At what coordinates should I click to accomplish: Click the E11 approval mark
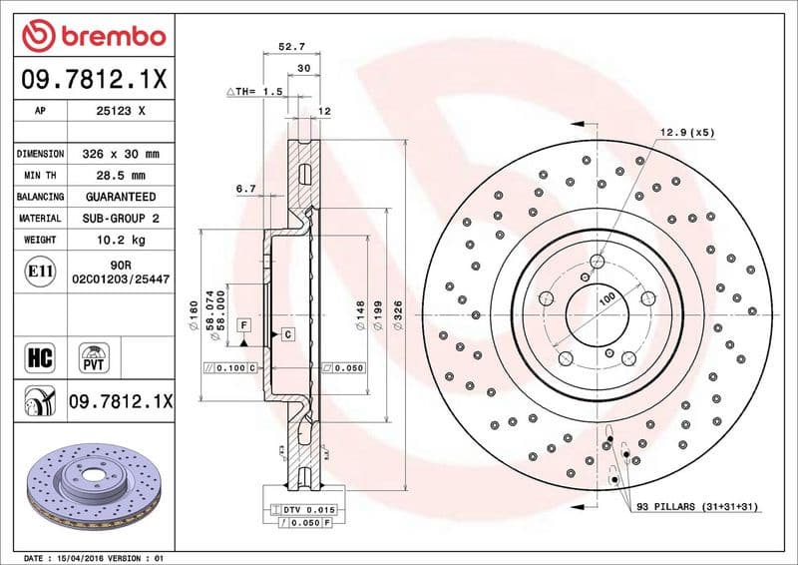click(x=38, y=271)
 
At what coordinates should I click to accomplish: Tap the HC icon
click(x=38, y=356)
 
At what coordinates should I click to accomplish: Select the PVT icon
click(x=96, y=356)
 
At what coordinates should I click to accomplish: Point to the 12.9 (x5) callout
click(x=686, y=132)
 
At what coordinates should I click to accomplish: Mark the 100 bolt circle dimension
click(x=605, y=298)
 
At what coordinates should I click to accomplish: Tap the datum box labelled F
click(x=242, y=326)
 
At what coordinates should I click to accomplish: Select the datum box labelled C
click(x=286, y=333)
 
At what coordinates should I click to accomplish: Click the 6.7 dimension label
click(x=246, y=188)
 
